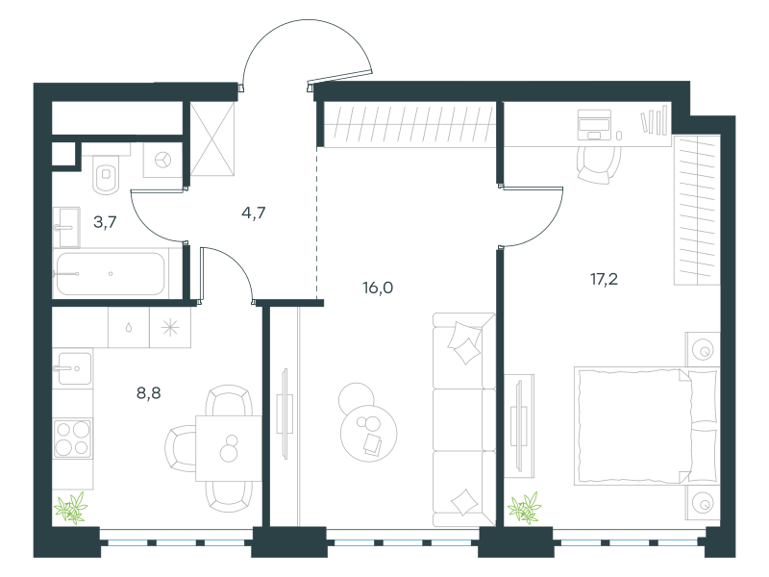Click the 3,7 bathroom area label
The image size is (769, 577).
coord(105,222)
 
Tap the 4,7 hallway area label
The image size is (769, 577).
coord(254,213)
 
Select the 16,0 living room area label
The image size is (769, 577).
coord(378,288)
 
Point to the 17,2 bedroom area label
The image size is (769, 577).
coord(604,279)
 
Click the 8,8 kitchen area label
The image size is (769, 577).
coord(149,393)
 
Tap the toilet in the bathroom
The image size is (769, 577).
coord(106,174)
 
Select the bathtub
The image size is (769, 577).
coord(111,273)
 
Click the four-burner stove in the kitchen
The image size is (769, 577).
coord(73,439)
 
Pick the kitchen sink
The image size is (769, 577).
coord(72,368)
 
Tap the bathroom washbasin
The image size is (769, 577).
coord(66,227)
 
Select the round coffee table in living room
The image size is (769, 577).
coord(369,432)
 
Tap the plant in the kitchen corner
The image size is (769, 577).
coord(71,508)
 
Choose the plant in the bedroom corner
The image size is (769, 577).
coord(524,508)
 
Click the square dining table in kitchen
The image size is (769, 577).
coord(229,448)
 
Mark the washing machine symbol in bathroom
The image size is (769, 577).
coord(162,160)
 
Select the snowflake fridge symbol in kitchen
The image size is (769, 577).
coord(170,328)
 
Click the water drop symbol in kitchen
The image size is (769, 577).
coord(129,328)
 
